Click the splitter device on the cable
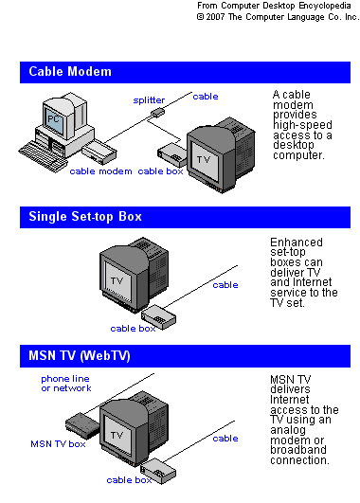point(157,113)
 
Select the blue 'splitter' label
point(149,100)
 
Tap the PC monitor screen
point(53,120)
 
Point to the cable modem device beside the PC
point(99,152)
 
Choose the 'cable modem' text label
point(100,171)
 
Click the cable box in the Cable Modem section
point(172,154)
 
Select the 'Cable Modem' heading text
point(70,72)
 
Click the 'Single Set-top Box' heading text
point(85,217)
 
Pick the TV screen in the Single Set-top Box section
point(117,281)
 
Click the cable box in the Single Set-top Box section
point(159,317)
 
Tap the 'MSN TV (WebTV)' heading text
point(80,356)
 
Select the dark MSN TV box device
point(82,425)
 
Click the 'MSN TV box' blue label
point(58,444)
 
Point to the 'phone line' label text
point(65,379)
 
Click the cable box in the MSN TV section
point(158,471)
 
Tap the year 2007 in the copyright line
point(215,17)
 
